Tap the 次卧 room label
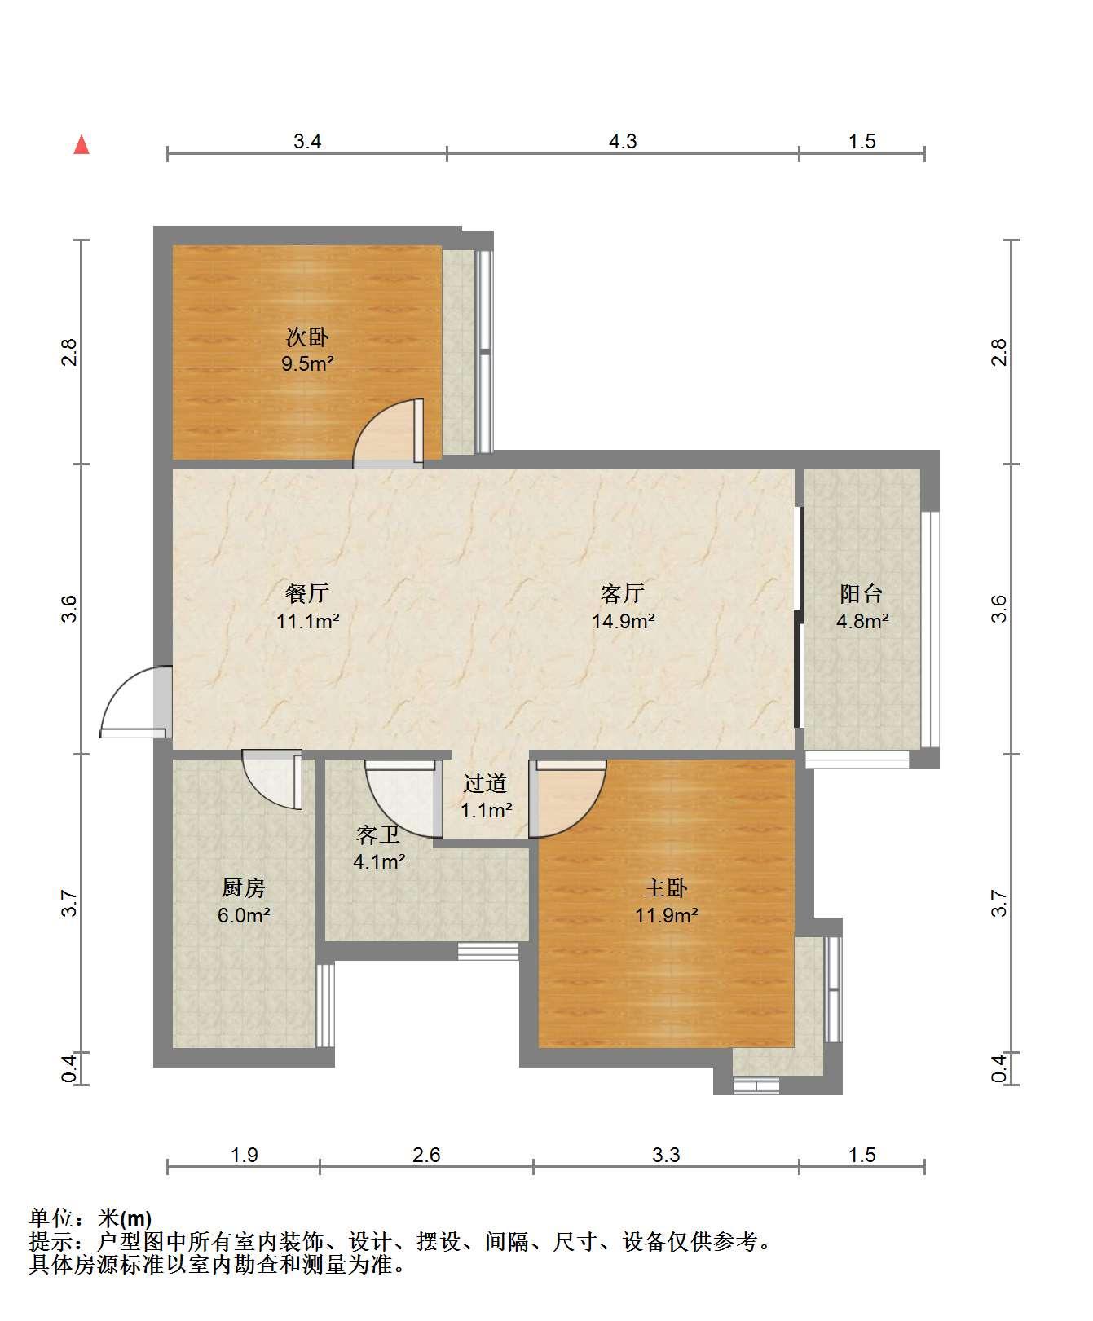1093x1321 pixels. point(307,336)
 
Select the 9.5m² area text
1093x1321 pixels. point(307,363)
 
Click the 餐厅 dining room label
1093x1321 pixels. point(307,592)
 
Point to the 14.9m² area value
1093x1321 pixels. point(624,621)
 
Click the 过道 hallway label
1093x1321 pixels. point(486,783)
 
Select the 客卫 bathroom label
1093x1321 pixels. point(378,834)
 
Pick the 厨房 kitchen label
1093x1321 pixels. point(244,887)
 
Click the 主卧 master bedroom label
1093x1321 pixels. point(666,887)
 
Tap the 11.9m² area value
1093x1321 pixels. point(666,915)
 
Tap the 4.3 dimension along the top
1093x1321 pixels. point(623,142)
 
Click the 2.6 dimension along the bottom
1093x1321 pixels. point(426,1155)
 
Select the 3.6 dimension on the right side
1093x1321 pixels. point(999,609)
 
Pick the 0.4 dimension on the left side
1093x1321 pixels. point(70,1068)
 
